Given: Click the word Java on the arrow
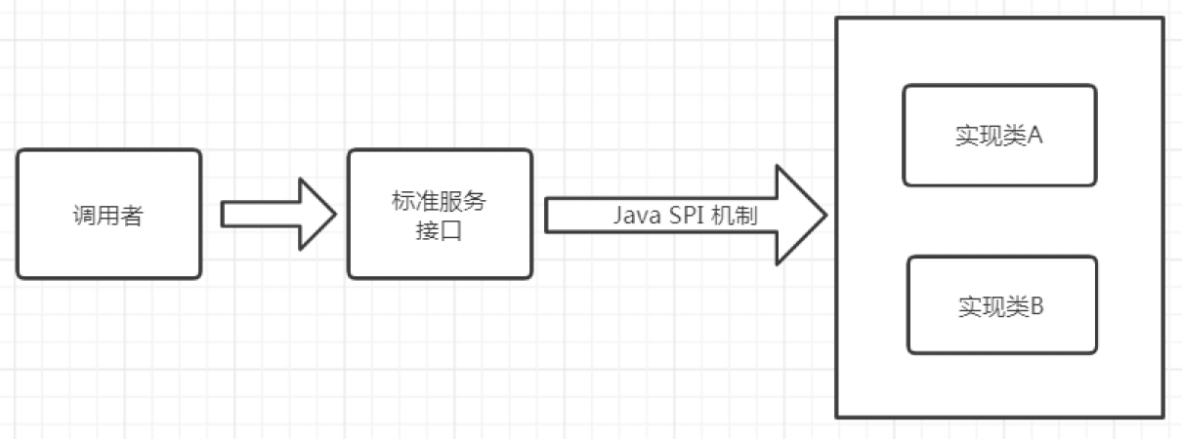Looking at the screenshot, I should [x=636, y=215].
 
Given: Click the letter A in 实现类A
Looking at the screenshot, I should [x=1035, y=136].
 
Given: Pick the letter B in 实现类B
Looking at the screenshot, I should [x=1037, y=306].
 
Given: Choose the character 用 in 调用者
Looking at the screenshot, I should [x=108, y=216].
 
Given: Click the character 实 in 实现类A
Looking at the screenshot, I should [x=966, y=136].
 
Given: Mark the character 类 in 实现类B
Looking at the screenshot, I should [x=1017, y=306].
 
